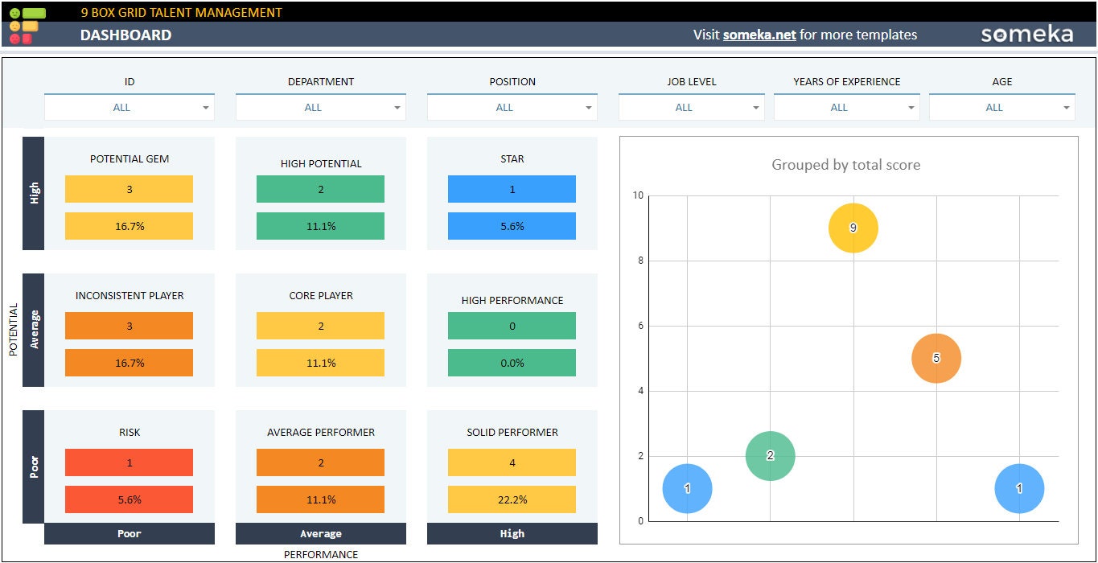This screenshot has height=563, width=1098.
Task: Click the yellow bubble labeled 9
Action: [x=853, y=228]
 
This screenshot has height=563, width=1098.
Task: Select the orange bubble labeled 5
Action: [x=936, y=358]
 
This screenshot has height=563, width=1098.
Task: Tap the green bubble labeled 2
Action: [x=770, y=456]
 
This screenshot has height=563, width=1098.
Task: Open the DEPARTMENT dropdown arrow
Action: [x=397, y=108]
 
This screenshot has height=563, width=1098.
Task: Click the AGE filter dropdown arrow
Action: [x=1067, y=108]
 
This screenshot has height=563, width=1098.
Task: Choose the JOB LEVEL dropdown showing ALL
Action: [x=690, y=108]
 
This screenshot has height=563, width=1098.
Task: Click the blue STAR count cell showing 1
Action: [x=512, y=189]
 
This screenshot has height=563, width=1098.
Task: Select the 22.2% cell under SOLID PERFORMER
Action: [x=512, y=499]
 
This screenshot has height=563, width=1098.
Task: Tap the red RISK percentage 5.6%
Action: [x=129, y=499]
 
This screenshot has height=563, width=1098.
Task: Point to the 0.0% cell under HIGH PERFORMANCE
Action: [x=512, y=363]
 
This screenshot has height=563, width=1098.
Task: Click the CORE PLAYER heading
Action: [x=320, y=295]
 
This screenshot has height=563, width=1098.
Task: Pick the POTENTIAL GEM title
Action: [x=129, y=158]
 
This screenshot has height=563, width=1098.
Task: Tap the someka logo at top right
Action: [x=1026, y=34]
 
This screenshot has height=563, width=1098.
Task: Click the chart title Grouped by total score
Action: [x=845, y=165]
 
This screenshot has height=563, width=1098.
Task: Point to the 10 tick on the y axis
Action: [x=638, y=195]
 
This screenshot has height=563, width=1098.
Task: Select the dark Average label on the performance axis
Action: [x=320, y=533]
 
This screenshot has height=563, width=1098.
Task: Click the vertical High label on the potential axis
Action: [x=34, y=193]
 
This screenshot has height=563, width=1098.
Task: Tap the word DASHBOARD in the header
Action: [x=125, y=35]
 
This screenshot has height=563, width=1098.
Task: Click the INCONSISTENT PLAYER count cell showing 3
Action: [x=129, y=326]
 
